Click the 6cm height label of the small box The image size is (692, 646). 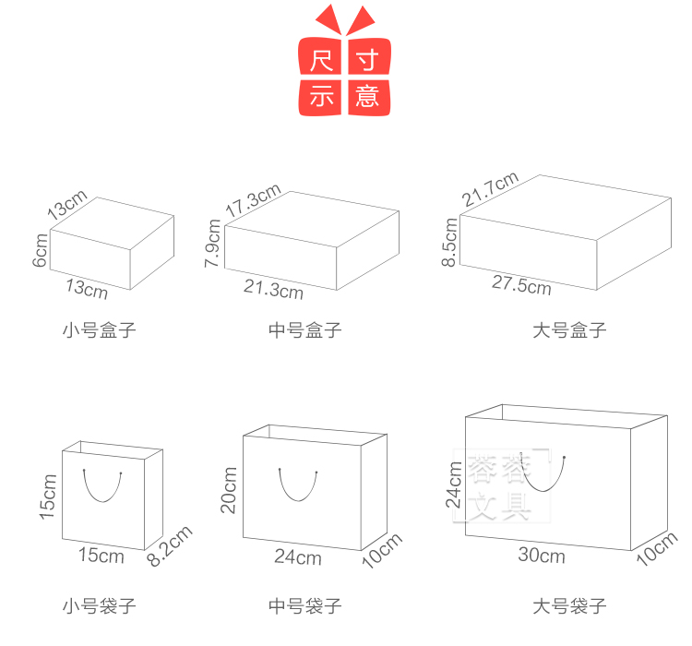tap(40, 250)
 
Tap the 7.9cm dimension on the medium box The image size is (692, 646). tap(212, 244)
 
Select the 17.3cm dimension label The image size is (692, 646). tap(254, 200)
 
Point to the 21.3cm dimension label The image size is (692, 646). tap(274, 290)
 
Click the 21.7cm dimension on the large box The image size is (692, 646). tap(490, 189)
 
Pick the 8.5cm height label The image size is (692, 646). tap(449, 243)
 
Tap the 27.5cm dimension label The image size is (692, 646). tap(521, 285)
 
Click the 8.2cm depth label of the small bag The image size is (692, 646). tap(170, 545)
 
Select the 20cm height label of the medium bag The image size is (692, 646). tap(229, 490)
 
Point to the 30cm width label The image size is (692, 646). tap(542, 555)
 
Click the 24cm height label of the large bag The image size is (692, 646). tap(453, 484)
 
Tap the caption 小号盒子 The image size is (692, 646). tap(100, 330)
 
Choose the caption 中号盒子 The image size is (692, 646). tap(305, 330)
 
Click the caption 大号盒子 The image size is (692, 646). tap(569, 330)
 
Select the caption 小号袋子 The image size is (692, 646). tap(100, 605)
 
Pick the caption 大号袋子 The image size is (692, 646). tap(569, 605)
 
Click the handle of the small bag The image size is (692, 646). tap(102, 502)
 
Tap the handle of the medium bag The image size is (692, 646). tap(298, 500)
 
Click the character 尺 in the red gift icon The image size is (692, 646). tap(321, 61)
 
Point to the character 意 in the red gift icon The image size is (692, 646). tap(367, 96)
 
